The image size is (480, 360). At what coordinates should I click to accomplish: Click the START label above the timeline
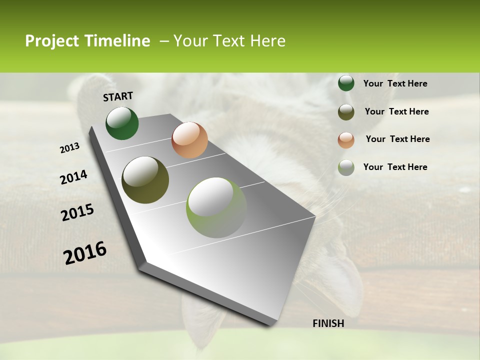118,96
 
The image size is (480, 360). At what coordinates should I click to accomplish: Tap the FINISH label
328,323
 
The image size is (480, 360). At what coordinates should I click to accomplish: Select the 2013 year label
69,148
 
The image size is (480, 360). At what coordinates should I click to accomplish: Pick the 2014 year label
73,177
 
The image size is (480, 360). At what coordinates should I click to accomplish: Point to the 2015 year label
77,212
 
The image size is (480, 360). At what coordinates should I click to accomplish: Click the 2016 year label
85,253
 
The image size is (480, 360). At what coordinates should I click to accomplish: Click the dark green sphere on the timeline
122,123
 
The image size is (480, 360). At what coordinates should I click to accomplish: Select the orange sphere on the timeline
189,140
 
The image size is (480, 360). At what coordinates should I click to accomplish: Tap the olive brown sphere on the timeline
145,180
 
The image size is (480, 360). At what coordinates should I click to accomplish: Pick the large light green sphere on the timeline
216,207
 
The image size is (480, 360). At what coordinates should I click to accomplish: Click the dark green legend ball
346,83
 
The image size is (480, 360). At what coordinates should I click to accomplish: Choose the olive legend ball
346,112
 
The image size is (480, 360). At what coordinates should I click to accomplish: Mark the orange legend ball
346,140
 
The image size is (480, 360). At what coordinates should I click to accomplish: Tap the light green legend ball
346,167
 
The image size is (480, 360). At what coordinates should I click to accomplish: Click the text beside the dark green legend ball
395,84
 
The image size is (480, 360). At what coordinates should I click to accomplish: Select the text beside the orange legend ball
397,139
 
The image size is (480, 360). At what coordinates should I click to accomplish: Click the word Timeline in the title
116,41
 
